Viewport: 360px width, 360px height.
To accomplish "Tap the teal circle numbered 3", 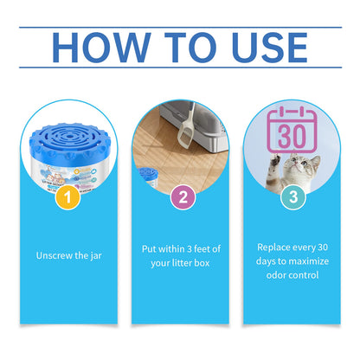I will [293, 196].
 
